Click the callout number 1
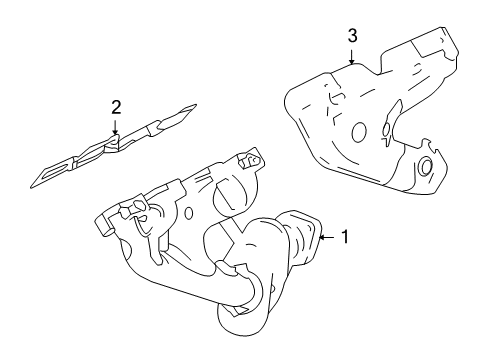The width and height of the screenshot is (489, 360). pos(344,238)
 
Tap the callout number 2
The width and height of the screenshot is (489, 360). pos(116,105)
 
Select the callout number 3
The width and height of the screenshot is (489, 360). pos(352,36)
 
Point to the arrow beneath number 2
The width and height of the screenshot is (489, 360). pos(116,123)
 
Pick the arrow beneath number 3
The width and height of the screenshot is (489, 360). pos(352,56)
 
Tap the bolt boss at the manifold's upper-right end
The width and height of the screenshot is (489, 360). pos(252,159)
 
